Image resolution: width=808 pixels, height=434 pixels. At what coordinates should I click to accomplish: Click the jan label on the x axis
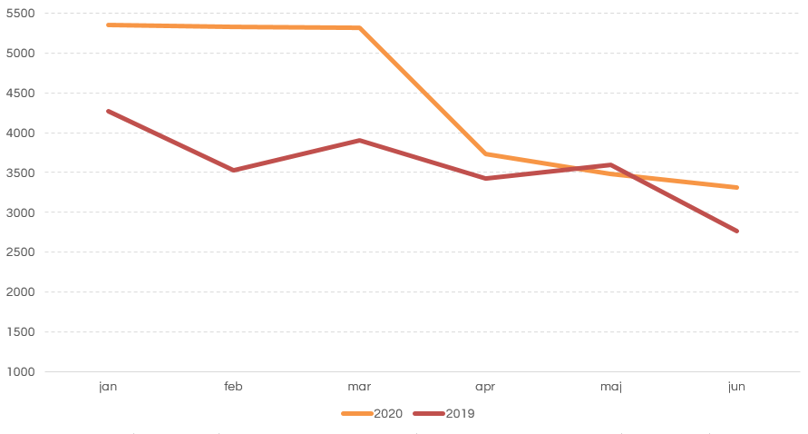[x=108, y=387]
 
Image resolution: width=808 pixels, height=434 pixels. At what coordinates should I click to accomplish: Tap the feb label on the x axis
[x=234, y=387]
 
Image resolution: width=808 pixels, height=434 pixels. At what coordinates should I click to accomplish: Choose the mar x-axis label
[x=359, y=387]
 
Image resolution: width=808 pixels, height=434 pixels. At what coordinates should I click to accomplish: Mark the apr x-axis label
[x=485, y=387]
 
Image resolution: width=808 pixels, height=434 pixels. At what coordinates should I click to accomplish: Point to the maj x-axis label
[x=611, y=387]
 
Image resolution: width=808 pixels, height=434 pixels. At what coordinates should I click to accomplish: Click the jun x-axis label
[x=736, y=387]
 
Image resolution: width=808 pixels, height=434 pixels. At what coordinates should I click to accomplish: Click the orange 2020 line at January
[x=108, y=25]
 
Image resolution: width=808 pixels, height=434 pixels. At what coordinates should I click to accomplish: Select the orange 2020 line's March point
[x=359, y=28]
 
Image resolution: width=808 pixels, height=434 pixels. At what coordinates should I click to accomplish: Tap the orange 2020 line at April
[x=485, y=153]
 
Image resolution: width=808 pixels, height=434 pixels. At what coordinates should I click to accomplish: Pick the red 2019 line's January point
[x=108, y=111]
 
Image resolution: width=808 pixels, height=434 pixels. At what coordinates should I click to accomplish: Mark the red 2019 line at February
[x=234, y=170]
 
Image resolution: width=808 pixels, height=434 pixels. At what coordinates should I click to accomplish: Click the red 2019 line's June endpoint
[x=736, y=231]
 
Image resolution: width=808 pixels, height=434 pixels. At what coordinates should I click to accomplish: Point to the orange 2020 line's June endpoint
[x=736, y=187]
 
